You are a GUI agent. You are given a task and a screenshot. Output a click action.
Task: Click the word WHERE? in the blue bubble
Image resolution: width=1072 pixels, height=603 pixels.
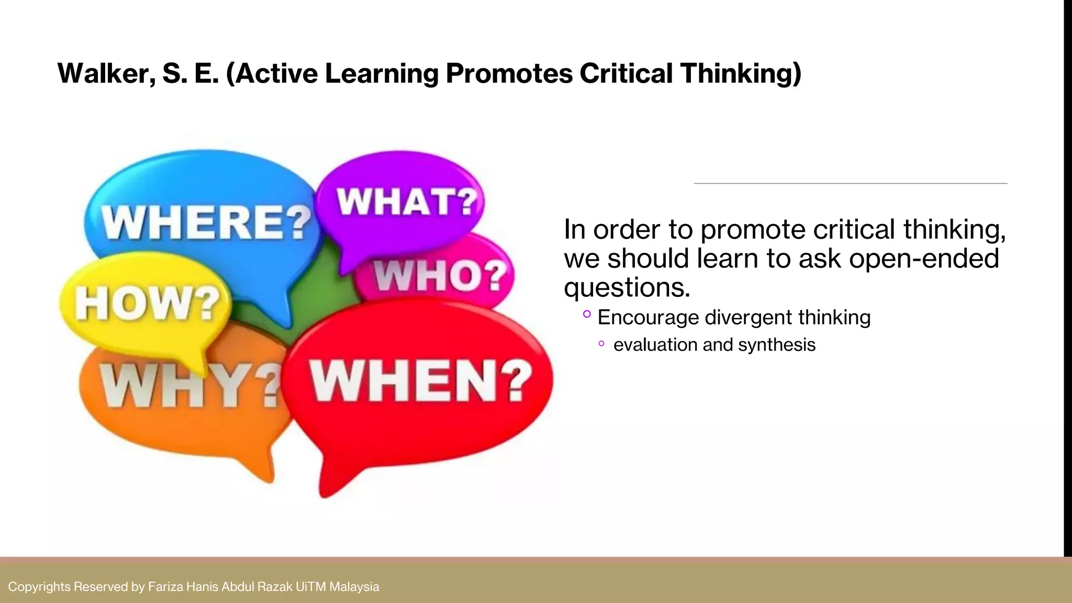206,222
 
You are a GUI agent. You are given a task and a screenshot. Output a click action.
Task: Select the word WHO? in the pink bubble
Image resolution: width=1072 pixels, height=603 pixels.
440,275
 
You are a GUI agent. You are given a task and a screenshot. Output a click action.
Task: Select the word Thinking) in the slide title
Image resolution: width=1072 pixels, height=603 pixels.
741,73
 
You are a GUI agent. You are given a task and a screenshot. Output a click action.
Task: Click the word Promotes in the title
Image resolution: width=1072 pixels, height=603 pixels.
509,73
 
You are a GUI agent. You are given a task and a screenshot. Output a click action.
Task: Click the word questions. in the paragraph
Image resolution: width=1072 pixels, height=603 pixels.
627,287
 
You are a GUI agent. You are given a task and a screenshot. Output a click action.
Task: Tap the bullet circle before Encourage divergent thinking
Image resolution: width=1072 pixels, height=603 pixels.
587,314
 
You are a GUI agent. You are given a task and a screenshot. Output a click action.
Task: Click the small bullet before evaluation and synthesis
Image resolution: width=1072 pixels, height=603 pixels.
601,344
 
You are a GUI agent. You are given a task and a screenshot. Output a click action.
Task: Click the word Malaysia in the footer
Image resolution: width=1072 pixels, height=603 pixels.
354,587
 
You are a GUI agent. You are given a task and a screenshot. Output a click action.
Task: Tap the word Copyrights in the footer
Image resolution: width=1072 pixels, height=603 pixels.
39,587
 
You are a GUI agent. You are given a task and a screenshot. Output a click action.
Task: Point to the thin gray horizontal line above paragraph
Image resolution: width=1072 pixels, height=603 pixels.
850,184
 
